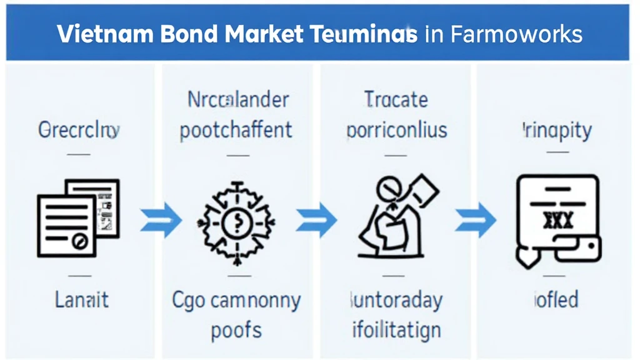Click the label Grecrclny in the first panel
(79, 130)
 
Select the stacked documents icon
(79, 216)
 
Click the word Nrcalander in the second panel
(238, 99)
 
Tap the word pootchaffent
(236, 130)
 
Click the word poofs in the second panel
(236, 330)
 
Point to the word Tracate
(396, 99)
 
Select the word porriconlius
(396, 130)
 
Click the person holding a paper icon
(394, 216)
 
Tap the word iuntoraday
(396, 299)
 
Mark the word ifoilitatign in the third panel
(396, 329)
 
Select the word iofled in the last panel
(556, 299)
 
